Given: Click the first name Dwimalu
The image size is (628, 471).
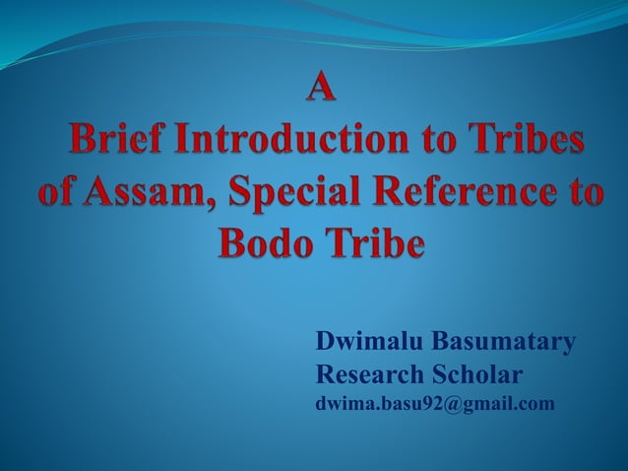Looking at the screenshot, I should pos(360,343).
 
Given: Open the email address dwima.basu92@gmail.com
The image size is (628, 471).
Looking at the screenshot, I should pos(434,404).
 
